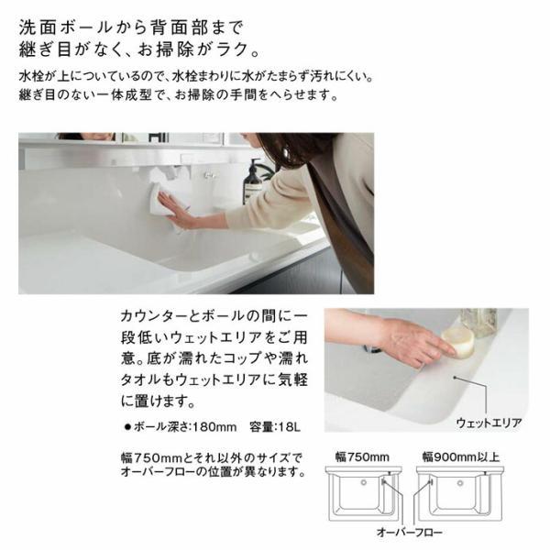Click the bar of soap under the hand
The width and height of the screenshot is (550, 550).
(x=460, y=343)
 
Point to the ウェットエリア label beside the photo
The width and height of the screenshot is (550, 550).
(x=489, y=423)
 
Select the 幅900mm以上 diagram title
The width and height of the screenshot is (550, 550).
(x=462, y=456)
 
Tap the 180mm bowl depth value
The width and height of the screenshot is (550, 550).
(x=219, y=426)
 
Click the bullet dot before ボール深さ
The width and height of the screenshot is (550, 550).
(x=126, y=427)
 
